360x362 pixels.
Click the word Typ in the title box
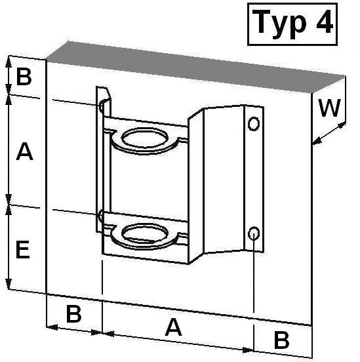[x=279, y=24]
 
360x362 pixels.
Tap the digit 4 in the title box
[x=325, y=22]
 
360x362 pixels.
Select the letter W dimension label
[x=330, y=108]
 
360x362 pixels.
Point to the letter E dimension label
[x=23, y=249]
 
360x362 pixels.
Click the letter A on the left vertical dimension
[x=24, y=151]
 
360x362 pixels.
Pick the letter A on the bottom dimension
[x=173, y=327]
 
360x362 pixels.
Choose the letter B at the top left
[x=24, y=77]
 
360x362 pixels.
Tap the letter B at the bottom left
[x=73, y=314]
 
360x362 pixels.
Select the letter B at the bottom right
[x=281, y=340]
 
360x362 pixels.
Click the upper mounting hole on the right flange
[x=254, y=124]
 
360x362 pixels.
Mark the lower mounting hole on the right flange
[x=254, y=233]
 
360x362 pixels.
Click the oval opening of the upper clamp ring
[x=144, y=138]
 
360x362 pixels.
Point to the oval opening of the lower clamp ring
[x=144, y=234]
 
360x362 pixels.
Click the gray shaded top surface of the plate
[x=196, y=67]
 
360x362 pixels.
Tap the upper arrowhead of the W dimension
[x=341, y=126]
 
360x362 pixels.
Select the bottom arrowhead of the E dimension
[x=9, y=284]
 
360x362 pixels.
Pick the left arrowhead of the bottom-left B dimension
[x=52, y=327]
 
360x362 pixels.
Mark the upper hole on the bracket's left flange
[x=101, y=107]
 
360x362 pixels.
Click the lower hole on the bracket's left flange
[x=101, y=217]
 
